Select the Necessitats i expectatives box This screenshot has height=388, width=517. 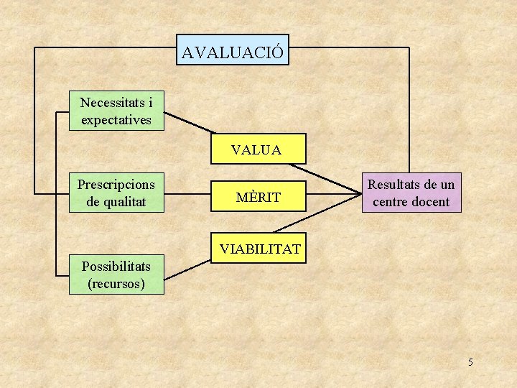click(116, 111)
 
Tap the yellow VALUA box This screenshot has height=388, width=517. click(257, 149)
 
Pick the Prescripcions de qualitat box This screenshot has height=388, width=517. click(116, 193)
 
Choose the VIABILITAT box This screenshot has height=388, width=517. click(259, 249)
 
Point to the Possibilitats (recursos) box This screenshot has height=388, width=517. click(116, 275)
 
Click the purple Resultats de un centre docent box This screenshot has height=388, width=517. click(411, 193)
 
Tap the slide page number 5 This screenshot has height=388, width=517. click(470, 362)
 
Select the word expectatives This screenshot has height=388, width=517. click(116, 119)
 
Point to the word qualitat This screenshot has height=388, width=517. click(125, 202)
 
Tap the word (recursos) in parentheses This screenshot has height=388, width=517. click(116, 284)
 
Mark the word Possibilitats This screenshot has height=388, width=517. click(116, 267)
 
